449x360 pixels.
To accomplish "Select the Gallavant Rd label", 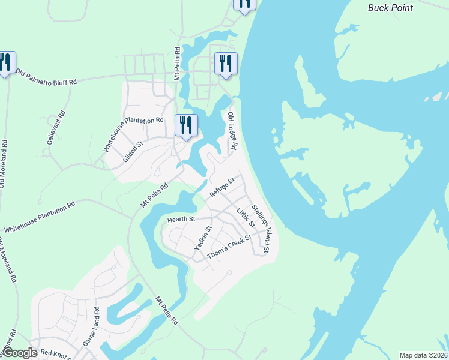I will (x=55, y=130).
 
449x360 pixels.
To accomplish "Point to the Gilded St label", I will (x=133, y=151).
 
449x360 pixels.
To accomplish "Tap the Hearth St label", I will (x=182, y=220).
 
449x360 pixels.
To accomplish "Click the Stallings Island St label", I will (x=262, y=227).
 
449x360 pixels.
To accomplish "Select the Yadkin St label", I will (x=203, y=238).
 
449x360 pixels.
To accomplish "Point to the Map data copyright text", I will (x=423, y=355).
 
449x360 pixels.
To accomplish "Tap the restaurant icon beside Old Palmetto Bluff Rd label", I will (x=7, y=63).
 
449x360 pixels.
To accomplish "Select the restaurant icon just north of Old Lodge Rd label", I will (x=226, y=64).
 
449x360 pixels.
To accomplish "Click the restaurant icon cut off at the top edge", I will (x=244, y=4).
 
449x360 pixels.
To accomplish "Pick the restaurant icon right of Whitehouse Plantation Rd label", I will (x=186, y=126).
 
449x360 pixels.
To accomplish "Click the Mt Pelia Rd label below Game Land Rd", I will (x=166, y=310).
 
